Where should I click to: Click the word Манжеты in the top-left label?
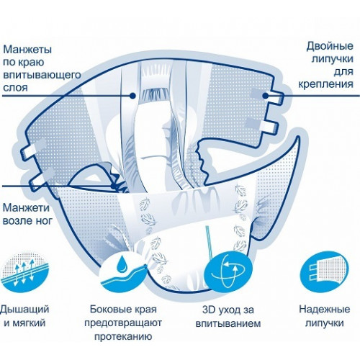click(27, 50)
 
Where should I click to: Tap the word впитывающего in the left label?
click(42, 75)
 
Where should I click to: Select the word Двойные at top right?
click(330, 46)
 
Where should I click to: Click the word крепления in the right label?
click(325, 84)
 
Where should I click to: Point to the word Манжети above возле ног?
click(26, 207)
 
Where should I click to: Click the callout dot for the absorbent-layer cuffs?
click(132, 96)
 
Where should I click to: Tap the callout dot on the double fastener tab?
click(265, 96)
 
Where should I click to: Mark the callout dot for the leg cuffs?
click(113, 186)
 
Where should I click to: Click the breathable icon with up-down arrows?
click(24, 272)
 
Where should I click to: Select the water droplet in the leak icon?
click(123, 264)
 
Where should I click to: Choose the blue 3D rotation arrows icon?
click(228, 271)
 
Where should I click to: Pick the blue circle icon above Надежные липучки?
click(325, 271)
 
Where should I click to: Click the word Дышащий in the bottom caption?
click(24, 310)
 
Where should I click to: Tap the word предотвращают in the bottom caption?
click(123, 323)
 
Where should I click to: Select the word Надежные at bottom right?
click(325, 309)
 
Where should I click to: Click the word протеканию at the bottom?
click(123, 336)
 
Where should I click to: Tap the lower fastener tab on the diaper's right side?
click(271, 127)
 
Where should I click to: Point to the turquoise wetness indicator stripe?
click(210, 242)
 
